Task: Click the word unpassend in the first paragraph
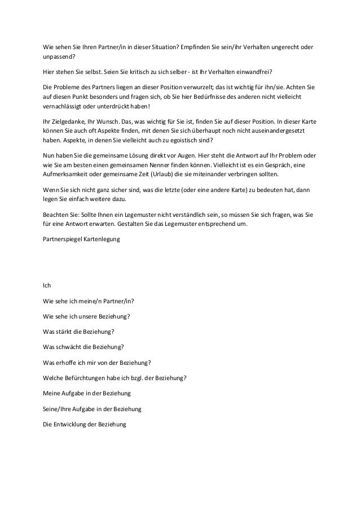click(x=58, y=57)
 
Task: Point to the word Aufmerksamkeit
click(x=67, y=175)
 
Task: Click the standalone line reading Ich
click(x=47, y=285)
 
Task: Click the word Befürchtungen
click(x=84, y=378)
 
